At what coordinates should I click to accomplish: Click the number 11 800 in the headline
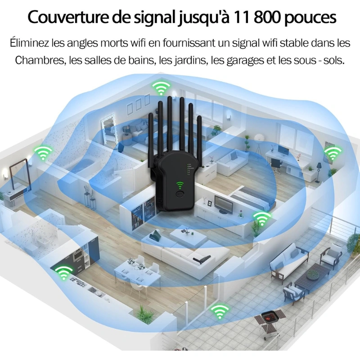point(261,18)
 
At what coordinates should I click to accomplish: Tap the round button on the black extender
point(181,195)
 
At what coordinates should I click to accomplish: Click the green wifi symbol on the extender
point(180,185)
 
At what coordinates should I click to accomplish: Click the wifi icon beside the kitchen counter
point(63,272)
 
